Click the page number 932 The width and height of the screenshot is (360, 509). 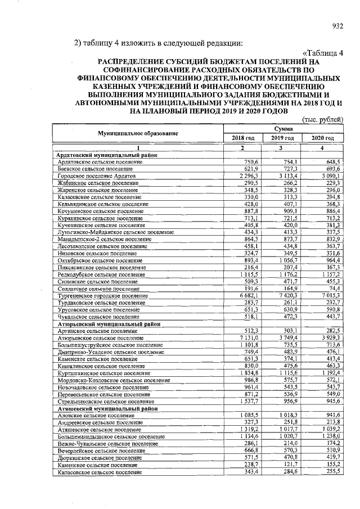(337, 25)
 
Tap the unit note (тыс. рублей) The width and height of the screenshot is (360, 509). (323, 119)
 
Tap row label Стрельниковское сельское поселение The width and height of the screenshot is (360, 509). (105, 402)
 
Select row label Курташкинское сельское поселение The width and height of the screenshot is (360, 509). (103, 373)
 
